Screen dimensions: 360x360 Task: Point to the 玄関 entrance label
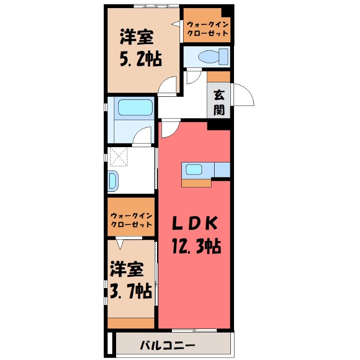[219, 103]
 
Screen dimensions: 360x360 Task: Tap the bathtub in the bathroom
[135, 108]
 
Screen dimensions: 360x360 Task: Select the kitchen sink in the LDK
[194, 170]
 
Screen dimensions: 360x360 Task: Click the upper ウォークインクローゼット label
[207, 29]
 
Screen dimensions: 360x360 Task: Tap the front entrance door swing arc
[243, 94]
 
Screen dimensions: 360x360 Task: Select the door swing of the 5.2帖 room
[169, 85]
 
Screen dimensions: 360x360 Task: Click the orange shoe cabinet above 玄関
[219, 76]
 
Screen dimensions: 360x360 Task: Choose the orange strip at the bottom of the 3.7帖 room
[131, 323]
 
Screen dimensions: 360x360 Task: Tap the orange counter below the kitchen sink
[197, 182]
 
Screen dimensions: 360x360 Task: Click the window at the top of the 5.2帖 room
[156, 6]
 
